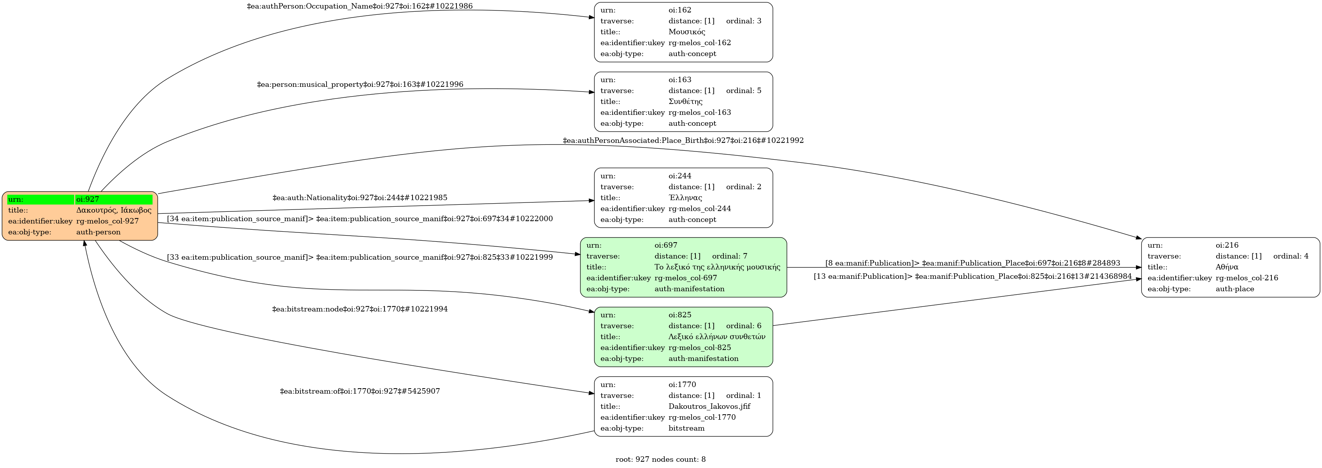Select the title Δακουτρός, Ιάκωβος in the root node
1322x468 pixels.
[113, 210]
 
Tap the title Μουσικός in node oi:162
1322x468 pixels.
[686, 32]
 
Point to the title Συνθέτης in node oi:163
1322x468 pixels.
[685, 102]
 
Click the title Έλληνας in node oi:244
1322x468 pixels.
[685, 198]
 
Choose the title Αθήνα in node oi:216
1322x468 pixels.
[1227, 267]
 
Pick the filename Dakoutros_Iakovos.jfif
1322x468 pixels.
[709, 406]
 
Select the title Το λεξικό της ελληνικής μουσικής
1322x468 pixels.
[717, 267]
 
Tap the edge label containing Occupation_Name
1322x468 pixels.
[359, 6]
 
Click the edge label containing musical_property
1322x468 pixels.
[360, 84]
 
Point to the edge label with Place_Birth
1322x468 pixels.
[683, 140]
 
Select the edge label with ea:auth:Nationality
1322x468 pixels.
[360, 198]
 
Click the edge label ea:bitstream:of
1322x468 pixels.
[360, 391]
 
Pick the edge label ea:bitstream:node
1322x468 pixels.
[360, 309]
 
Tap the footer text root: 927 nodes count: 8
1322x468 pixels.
[660, 459]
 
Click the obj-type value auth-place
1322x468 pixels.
[1234, 289]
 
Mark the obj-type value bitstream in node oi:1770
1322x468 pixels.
[686, 428]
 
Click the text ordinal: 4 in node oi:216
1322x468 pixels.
[1291, 256]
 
